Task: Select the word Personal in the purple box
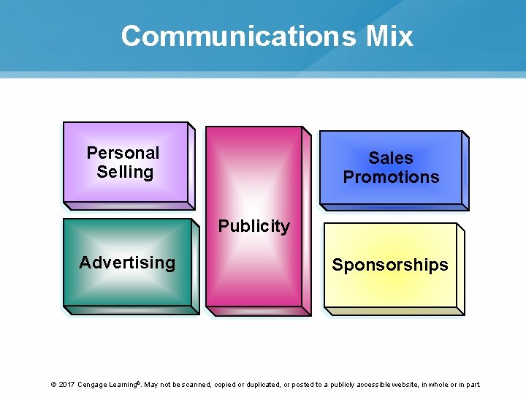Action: click(x=123, y=153)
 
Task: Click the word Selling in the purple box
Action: click(x=125, y=172)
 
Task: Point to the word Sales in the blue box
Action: click(x=391, y=158)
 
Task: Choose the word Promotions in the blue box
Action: click(x=391, y=177)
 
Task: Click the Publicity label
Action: click(x=254, y=226)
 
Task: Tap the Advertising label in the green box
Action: click(x=127, y=263)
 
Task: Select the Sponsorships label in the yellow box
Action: click(x=390, y=265)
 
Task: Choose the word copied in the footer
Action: click(x=224, y=384)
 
